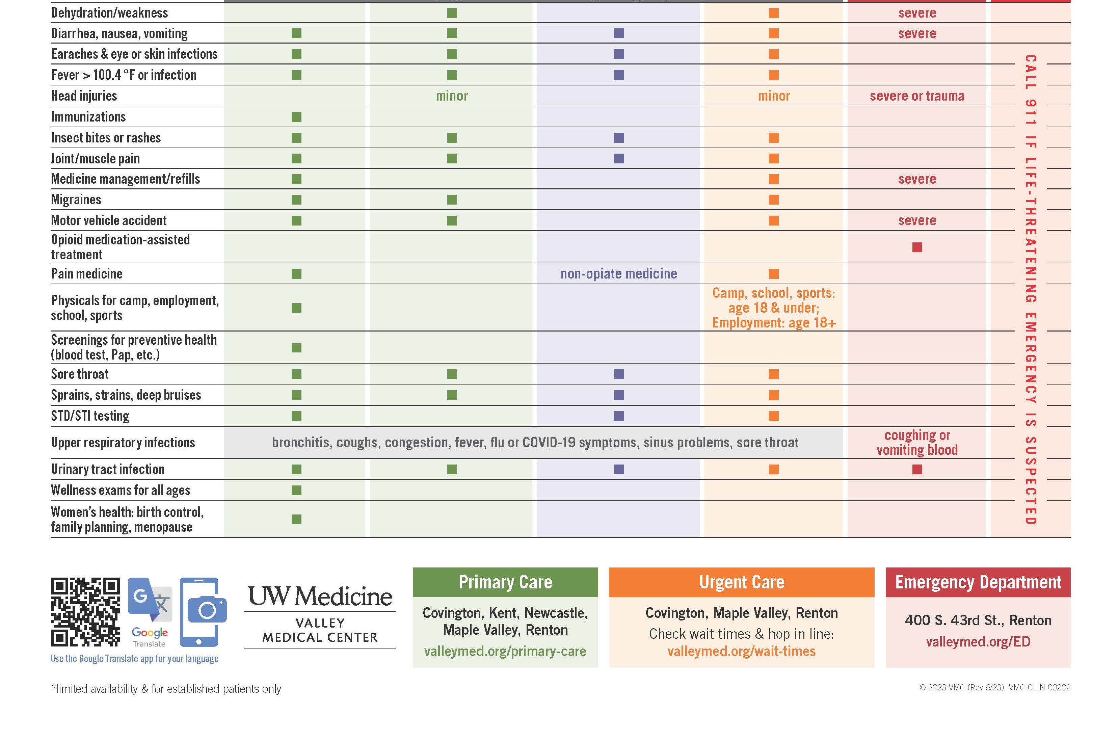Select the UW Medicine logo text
click(320, 597)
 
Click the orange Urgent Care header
click(741, 582)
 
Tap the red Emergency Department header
click(977, 582)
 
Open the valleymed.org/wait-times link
click(741, 651)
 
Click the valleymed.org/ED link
click(977, 642)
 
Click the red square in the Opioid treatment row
click(917, 247)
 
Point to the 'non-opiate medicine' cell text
click(618, 274)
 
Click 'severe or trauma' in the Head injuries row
click(917, 96)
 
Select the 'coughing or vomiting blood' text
click(917, 442)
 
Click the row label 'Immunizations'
click(88, 117)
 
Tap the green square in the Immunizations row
click(296, 117)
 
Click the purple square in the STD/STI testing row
click(618, 416)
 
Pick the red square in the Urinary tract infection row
click(917, 469)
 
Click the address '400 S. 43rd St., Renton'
click(977, 620)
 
